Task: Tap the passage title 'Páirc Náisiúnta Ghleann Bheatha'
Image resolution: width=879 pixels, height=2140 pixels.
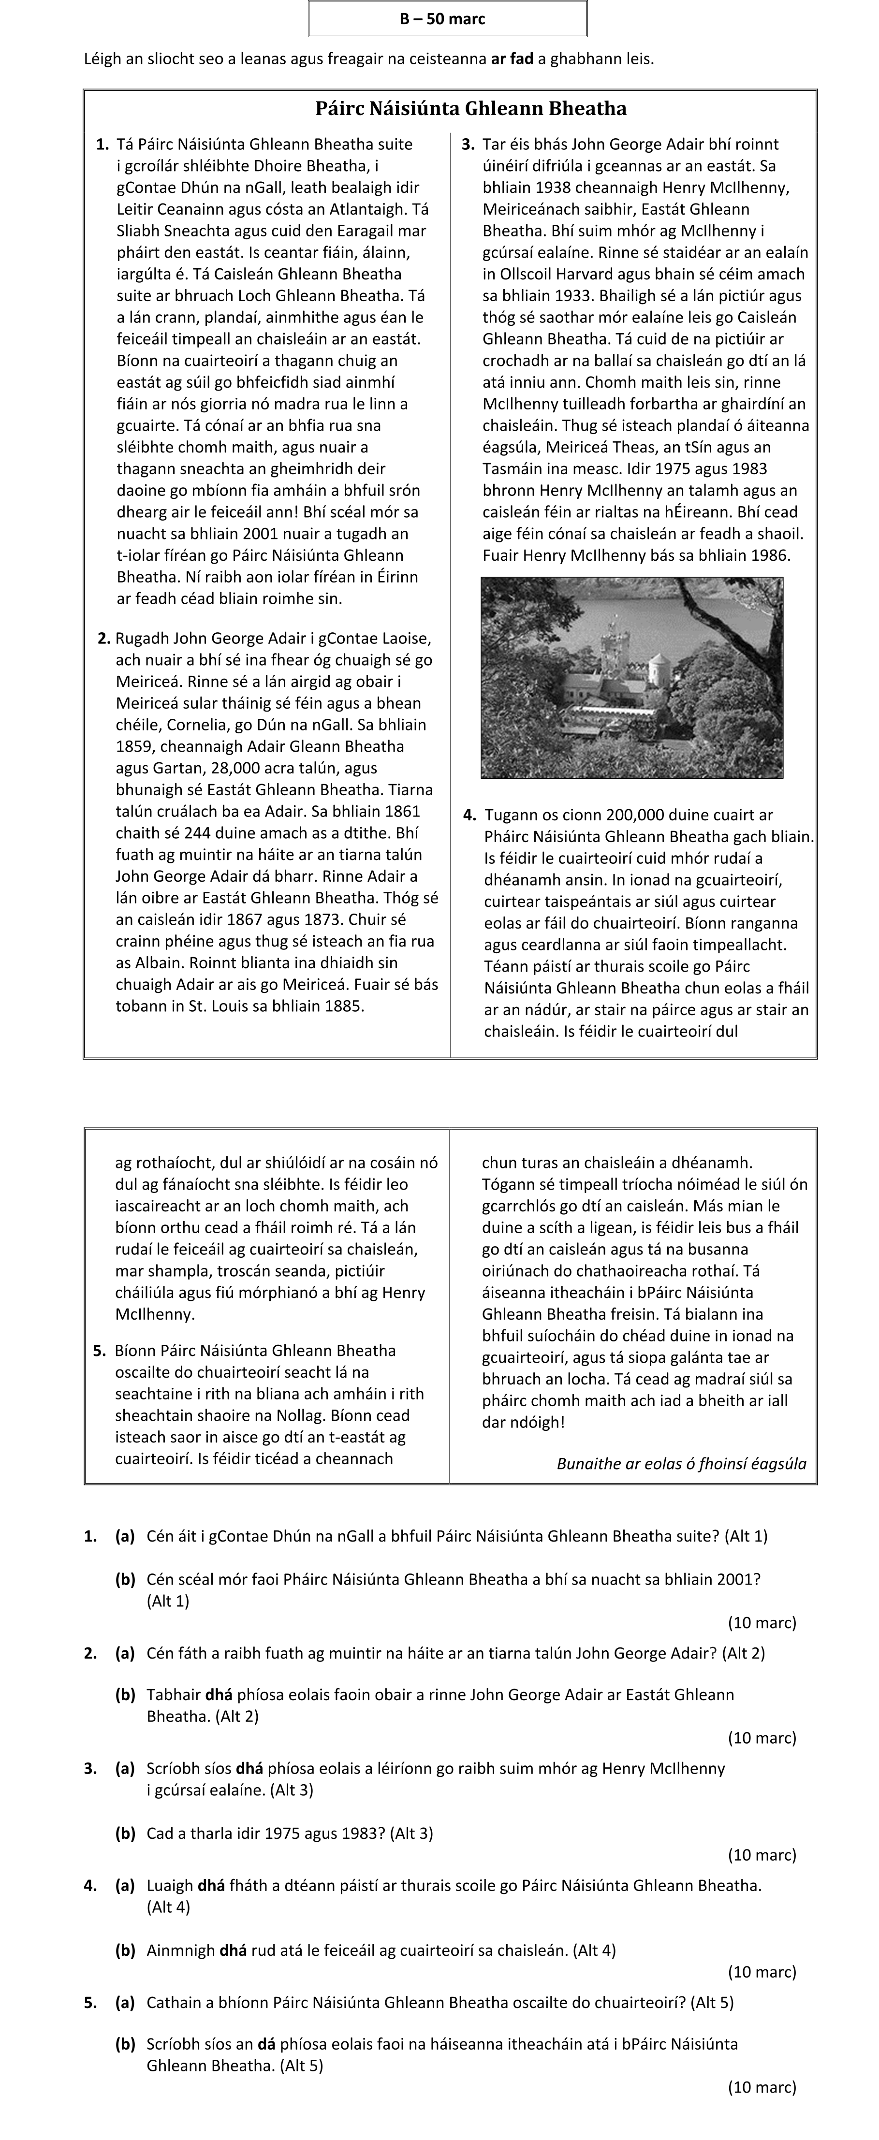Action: [470, 109]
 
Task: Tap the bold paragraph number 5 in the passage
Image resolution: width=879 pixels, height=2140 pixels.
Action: [100, 1351]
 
